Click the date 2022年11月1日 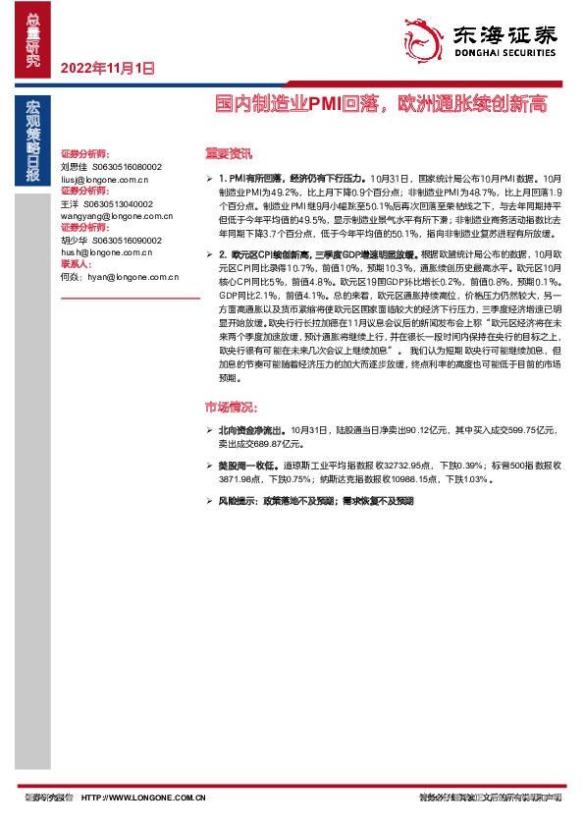click(x=109, y=69)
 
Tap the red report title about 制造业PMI click(x=381, y=102)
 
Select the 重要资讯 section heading click(x=228, y=152)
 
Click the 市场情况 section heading click(x=231, y=408)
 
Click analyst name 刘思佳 click(x=74, y=167)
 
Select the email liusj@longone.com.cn click(x=104, y=181)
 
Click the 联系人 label click(x=76, y=264)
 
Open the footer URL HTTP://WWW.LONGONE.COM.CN click(x=142, y=797)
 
